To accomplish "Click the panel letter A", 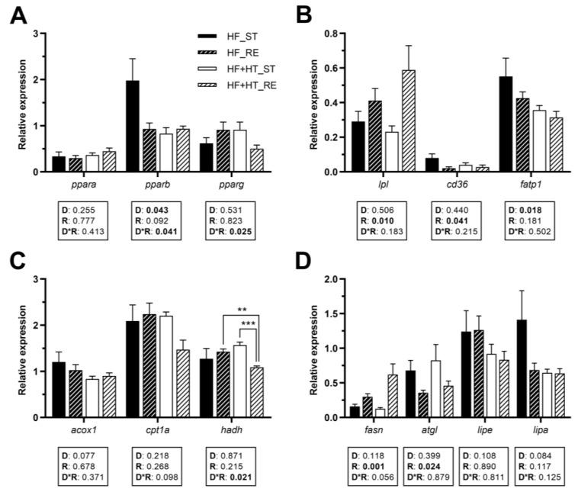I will pyautogui.click(x=16, y=14).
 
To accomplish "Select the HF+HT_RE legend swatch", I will pyautogui.click(x=205, y=84).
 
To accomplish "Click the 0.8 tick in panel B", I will pyautogui.click(x=332, y=34).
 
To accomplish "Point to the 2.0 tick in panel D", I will pyautogui.click(x=332, y=279).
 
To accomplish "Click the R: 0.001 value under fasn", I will pyautogui.click(x=374, y=465).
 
